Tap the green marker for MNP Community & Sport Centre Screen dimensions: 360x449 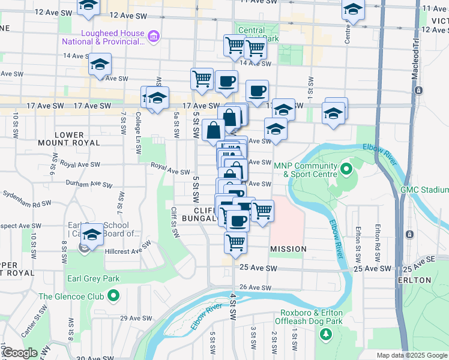pyautogui.click(x=346, y=170)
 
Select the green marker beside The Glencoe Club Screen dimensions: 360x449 pyautogui.click(x=113, y=296)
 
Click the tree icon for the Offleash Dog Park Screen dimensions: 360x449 pyautogui.click(x=326, y=334)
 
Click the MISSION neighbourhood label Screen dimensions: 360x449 pyautogui.click(x=288, y=248)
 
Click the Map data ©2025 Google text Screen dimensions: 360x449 pyautogui.click(x=412, y=355)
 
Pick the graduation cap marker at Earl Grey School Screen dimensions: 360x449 pyautogui.click(x=92, y=235)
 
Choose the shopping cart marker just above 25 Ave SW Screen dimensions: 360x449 pyautogui.click(x=236, y=242)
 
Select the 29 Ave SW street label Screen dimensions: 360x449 pyautogui.click(x=134, y=318)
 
